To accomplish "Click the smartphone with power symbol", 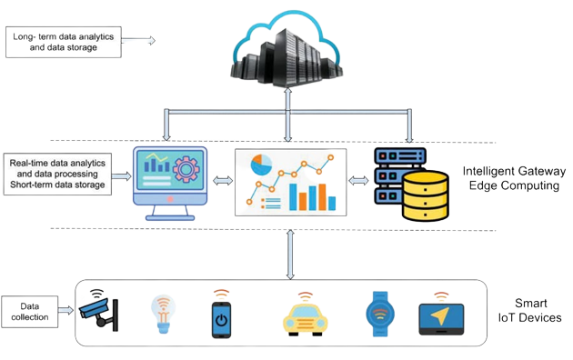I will point(222,316).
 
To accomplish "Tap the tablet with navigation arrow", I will point(439,317).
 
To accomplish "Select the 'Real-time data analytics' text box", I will point(56,174).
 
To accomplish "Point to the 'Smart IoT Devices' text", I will point(532,311).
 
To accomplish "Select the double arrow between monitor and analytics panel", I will point(221,181).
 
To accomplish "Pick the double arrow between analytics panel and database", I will point(359,181).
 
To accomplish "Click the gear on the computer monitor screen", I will point(187,170).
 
